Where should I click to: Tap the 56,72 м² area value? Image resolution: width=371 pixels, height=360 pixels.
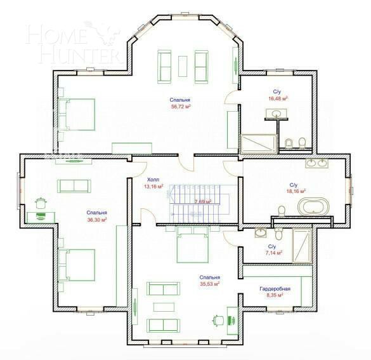[181, 107]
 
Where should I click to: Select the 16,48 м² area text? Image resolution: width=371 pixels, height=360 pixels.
[278, 99]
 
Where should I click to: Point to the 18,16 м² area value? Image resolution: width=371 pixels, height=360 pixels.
[296, 190]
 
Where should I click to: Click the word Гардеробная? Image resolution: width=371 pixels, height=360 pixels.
[271, 288]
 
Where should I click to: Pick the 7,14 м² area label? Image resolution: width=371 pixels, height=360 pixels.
[272, 252]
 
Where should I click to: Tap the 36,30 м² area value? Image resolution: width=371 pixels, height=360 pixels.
[96, 219]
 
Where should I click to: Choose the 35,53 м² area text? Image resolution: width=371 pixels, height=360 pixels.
[209, 284]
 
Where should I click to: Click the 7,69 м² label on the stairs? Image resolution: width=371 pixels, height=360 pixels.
[202, 201]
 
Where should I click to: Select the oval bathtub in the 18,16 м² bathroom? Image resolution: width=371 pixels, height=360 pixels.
[314, 207]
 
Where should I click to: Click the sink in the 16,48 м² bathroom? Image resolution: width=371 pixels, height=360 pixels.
[277, 113]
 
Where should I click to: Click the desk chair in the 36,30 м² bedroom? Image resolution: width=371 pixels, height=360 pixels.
[42, 203]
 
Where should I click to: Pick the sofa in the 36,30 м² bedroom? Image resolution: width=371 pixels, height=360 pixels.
[74, 185]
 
